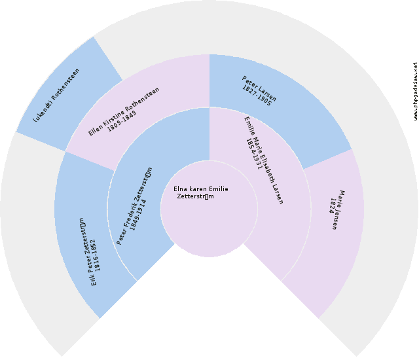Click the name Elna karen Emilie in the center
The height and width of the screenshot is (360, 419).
tap(201, 189)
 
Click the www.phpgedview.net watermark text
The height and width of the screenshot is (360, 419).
tap(415, 92)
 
